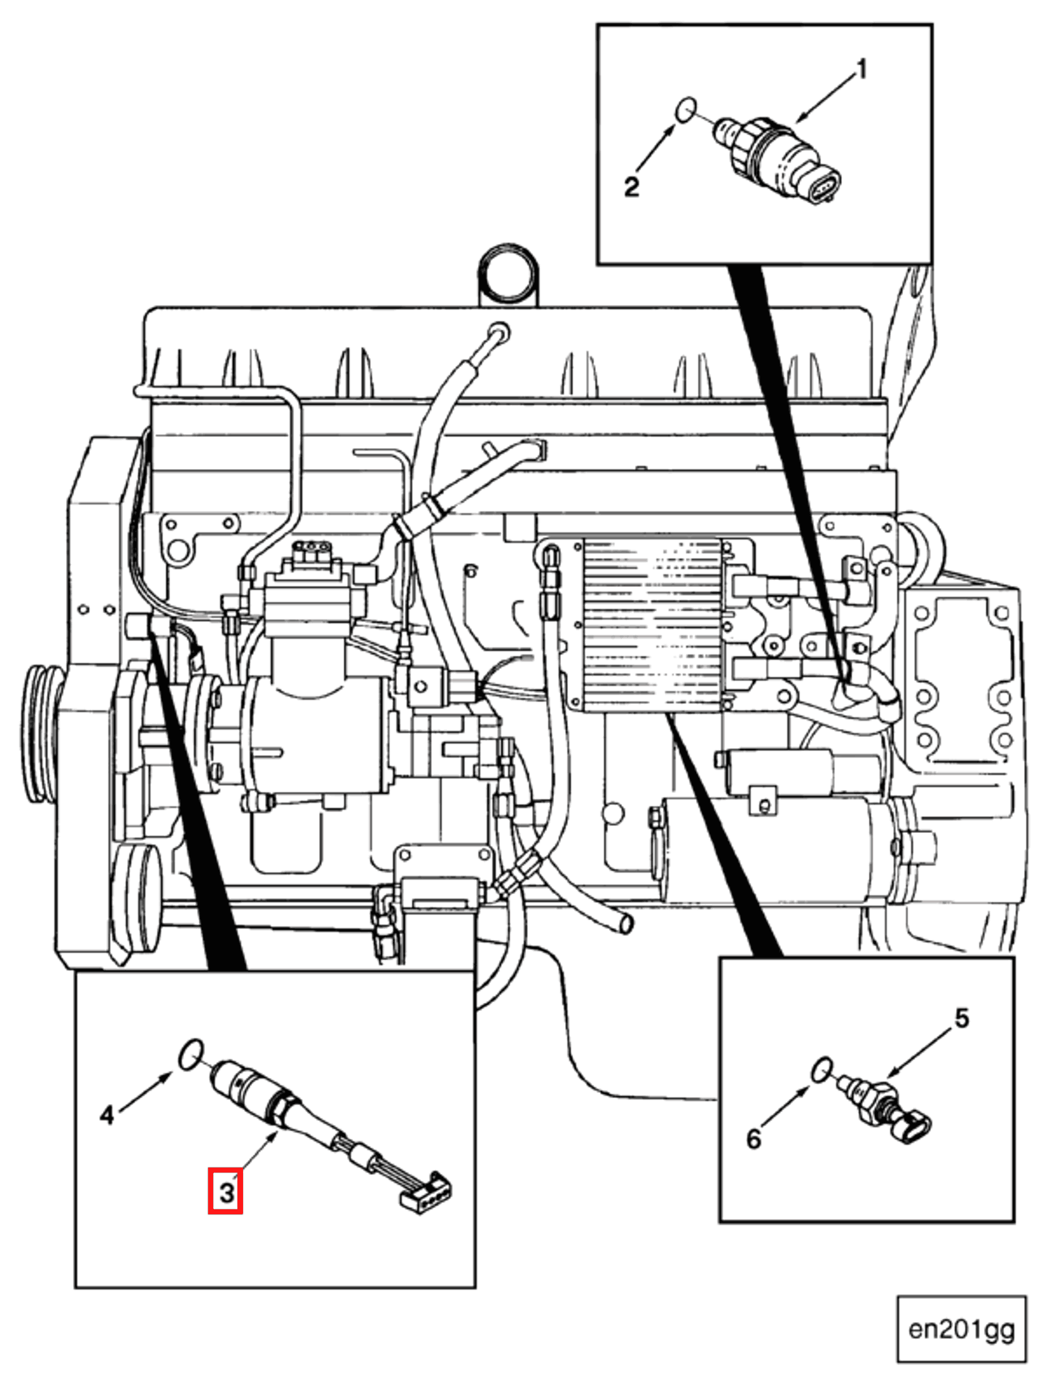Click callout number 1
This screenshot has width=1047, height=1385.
(x=862, y=70)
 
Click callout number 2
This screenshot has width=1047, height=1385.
(x=631, y=186)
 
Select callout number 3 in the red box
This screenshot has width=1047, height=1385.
(x=226, y=1191)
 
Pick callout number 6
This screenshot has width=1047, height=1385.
(x=753, y=1138)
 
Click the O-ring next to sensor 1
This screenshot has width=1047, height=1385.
(x=686, y=109)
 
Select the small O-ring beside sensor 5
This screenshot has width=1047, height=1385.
(x=821, y=1068)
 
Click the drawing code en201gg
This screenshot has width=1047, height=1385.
(x=961, y=1329)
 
